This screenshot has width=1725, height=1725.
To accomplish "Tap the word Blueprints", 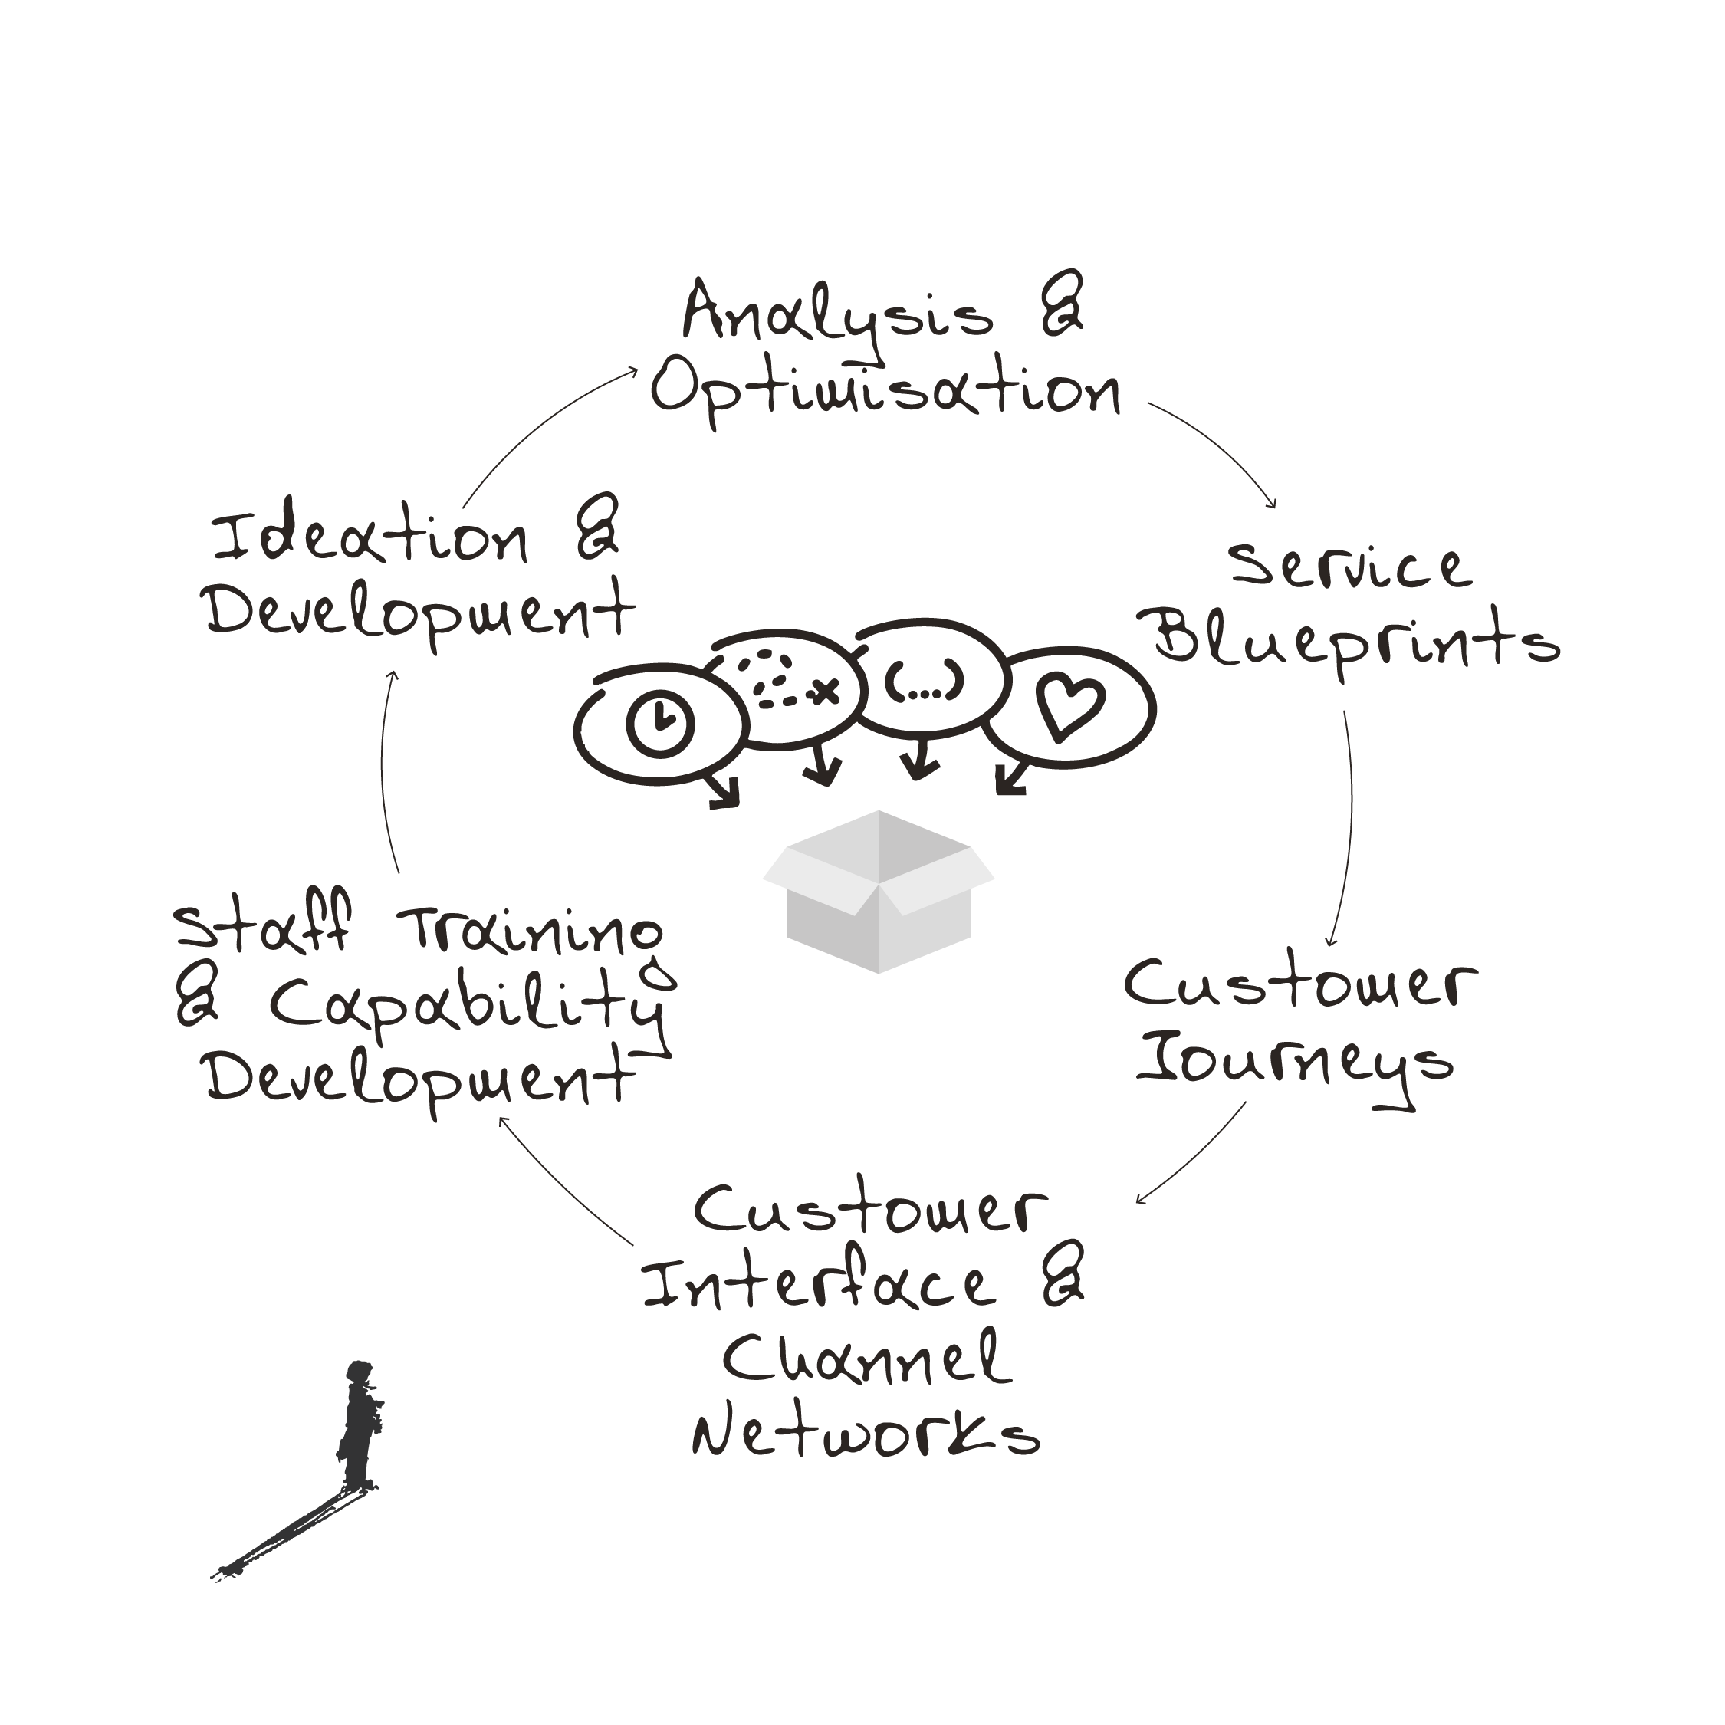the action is coord(1356,642).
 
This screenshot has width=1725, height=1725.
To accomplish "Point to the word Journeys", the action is coord(1296,1065).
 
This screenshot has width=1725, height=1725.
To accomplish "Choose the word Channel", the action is coord(866,1358).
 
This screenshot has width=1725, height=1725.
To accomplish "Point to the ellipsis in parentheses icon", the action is coord(924,682).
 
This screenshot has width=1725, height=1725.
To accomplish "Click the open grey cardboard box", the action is coord(879,891).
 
